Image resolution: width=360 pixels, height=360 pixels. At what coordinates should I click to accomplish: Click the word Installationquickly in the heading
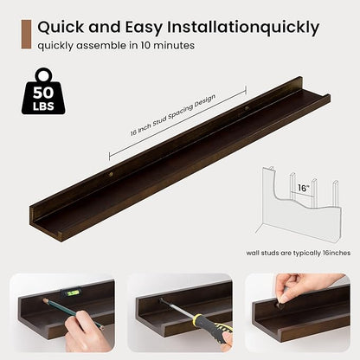pyautogui.click(x=243, y=28)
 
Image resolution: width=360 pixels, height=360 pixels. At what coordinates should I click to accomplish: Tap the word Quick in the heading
pyautogui.click(x=61, y=28)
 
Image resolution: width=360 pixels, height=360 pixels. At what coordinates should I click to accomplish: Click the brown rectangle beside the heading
pyautogui.click(x=26, y=35)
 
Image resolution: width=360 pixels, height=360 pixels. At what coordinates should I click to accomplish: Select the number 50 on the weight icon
pyautogui.click(x=43, y=93)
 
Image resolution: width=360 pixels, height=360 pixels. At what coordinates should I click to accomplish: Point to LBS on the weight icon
pyautogui.click(x=43, y=106)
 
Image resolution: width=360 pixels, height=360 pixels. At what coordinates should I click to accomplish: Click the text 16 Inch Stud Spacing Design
pyautogui.click(x=172, y=115)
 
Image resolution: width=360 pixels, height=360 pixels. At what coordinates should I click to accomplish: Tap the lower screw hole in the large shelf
pyautogui.click(x=111, y=174)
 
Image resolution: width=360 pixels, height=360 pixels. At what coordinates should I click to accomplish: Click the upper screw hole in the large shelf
pyautogui.click(x=247, y=108)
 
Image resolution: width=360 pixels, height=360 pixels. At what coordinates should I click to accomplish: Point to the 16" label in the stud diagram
pyautogui.click(x=303, y=188)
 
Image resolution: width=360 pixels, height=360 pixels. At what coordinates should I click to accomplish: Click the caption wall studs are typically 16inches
pyautogui.click(x=299, y=253)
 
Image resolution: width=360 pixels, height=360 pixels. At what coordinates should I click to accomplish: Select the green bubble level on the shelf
pyautogui.click(x=71, y=293)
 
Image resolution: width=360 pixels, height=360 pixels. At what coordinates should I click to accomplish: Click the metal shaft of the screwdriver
pyautogui.click(x=177, y=308)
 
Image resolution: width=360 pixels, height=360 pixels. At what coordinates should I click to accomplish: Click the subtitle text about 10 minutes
pyautogui.click(x=116, y=46)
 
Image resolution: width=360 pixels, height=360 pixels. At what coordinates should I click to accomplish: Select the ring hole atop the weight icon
pyautogui.click(x=44, y=75)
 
